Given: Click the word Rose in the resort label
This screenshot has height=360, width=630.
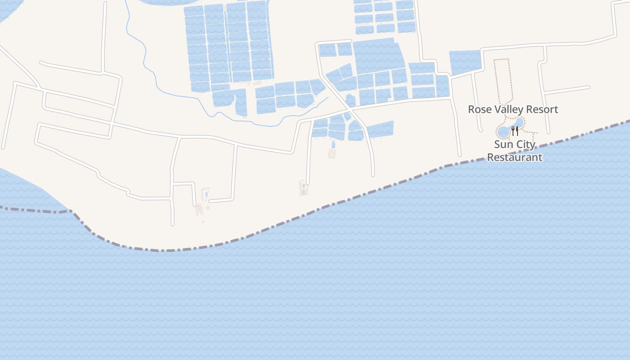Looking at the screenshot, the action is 478,109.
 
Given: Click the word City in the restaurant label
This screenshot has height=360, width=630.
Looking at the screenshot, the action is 526,145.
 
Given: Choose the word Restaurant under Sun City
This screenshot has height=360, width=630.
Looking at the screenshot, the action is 515,157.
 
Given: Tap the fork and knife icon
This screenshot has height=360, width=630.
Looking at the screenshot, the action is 515,131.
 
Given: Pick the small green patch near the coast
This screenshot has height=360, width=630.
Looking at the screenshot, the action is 303,192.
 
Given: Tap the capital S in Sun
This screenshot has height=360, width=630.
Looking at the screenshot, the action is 497,145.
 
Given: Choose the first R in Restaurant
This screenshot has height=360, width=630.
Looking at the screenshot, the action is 490,157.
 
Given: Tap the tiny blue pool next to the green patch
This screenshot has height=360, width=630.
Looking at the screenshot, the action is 304,185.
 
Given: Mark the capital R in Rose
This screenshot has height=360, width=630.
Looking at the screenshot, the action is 472,109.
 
